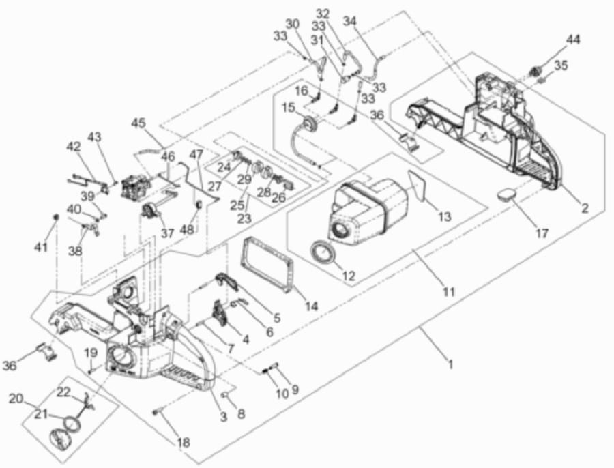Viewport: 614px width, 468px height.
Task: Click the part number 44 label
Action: (x=573, y=40)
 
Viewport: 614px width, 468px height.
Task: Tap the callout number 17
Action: (x=542, y=233)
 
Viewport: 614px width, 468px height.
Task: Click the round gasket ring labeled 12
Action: (x=323, y=252)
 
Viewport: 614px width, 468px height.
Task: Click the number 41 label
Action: (x=41, y=247)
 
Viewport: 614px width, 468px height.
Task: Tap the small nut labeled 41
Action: (x=56, y=216)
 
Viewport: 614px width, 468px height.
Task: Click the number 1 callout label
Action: (x=451, y=364)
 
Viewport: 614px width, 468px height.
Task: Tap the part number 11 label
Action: (x=449, y=291)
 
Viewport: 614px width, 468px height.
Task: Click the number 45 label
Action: (x=138, y=123)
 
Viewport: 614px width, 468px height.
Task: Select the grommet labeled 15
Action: (x=310, y=126)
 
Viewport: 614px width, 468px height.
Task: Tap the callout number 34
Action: (x=351, y=20)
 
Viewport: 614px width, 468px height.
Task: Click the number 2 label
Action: (x=585, y=208)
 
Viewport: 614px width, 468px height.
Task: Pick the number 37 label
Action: (x=167, y=233)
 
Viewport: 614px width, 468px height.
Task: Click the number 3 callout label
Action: (x=223, y=417)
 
